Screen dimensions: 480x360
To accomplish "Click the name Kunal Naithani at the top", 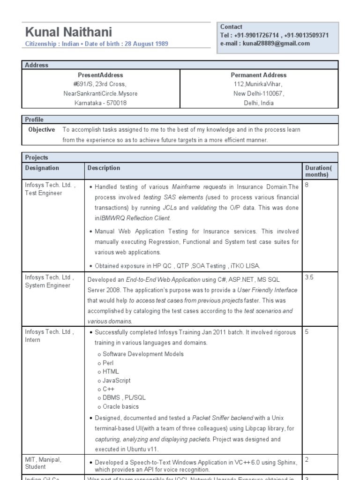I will pyautogui.click(x=68, y=32).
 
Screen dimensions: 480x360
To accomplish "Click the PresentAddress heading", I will pyautogui.click(x=100, y=75).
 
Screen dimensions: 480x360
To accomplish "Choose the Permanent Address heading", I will pyautogui.click(x=258, y=75).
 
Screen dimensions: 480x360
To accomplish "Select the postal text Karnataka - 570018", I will pyautogui.click(x=100, y=103).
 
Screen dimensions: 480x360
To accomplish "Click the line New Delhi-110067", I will pyautogui.click(x=258, y=93).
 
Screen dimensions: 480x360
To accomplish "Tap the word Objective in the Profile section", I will pyautogui.click(x=41, y=129).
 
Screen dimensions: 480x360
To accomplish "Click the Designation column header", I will pyautogui.click(x=42, y=168).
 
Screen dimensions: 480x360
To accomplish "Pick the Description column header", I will pyautogui.click(x=104, y=168).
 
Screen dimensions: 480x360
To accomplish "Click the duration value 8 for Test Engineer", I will pyautogui.click(x=307, y=185).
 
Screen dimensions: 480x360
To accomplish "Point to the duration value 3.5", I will pyautogui.click(x=309, y=277).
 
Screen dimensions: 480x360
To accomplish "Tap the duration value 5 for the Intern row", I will pyautogui.click(x=307, y=332).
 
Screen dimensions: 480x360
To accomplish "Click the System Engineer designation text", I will pyautogui.click(x=47, y=285).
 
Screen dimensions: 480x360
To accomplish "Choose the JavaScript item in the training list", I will pyautogui.click(x=116, y=381).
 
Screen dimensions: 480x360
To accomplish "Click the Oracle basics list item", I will pyautogui.click(x=120, y=406).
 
